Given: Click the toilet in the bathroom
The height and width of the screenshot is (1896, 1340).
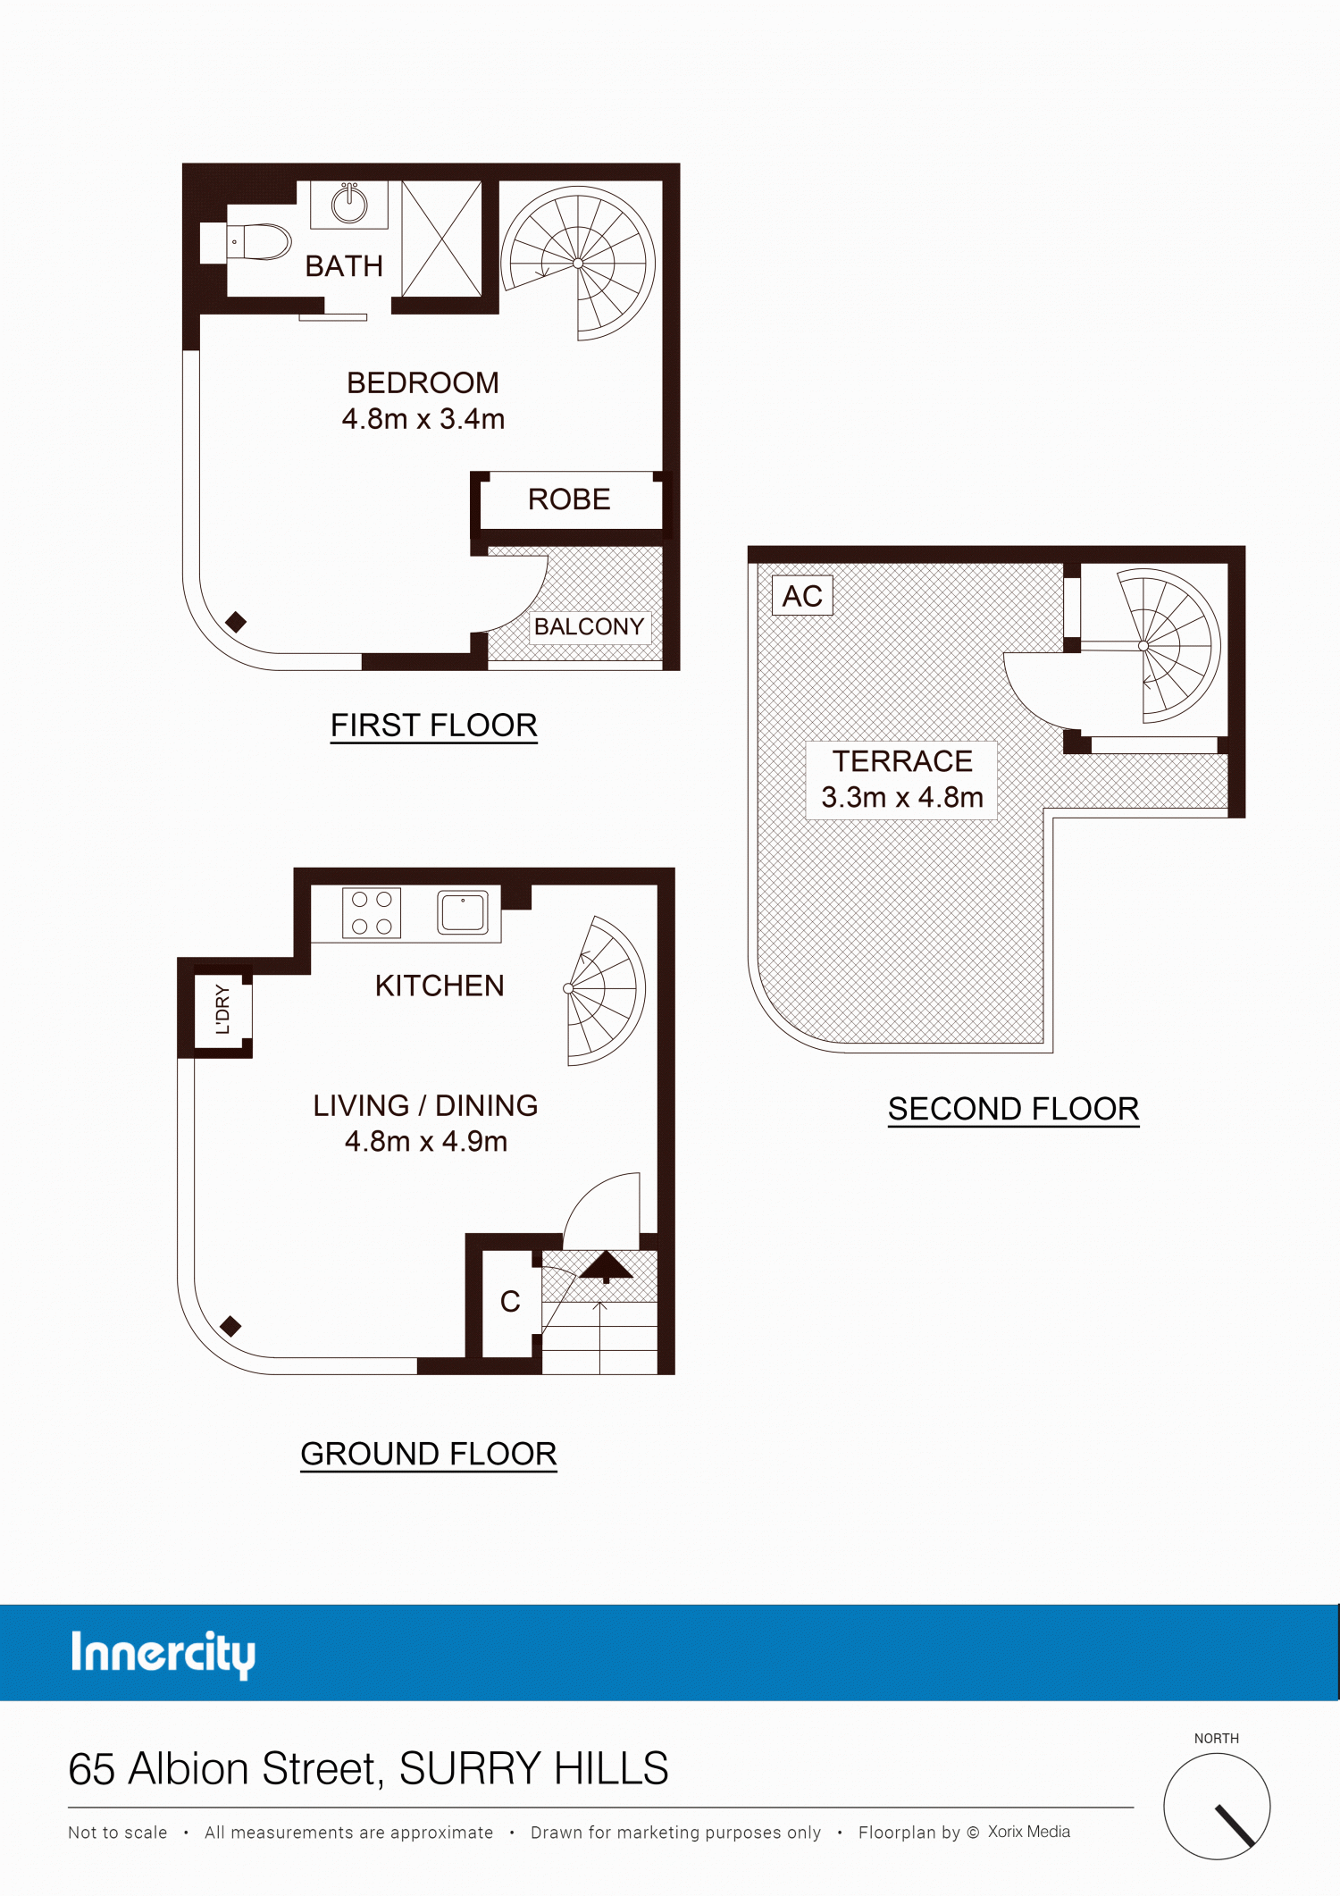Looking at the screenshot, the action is [x=259, y=241].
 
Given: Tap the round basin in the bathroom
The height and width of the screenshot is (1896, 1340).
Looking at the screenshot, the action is [x=349, y=205].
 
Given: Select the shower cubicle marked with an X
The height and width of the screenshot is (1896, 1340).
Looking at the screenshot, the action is [x=441, y=239].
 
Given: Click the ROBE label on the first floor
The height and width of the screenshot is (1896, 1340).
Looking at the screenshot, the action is [x=569, y=499].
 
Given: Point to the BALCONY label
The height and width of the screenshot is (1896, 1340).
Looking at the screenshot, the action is [x=589, y=626].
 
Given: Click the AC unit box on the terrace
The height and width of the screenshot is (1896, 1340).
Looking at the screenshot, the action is [x=802, y=596].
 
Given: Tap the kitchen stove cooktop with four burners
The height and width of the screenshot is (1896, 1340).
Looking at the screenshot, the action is [x=372, y=913].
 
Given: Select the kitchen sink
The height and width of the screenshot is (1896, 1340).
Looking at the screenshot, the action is [x=463, y=912].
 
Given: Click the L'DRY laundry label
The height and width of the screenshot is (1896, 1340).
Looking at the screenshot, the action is [x=222, y=1010].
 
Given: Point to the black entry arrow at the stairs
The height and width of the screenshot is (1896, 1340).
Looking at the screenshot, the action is [x=607, y=1266].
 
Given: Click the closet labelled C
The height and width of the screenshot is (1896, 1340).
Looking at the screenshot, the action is [x=510, y=1302].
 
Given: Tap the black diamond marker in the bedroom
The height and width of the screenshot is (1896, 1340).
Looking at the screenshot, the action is [x=236, y=622].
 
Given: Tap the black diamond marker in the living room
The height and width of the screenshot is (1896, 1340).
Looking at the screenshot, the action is [x=230, y=1326].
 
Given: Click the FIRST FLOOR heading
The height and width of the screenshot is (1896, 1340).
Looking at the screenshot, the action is [x=434, y=726].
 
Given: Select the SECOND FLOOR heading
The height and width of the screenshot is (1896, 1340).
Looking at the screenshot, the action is [x=1014, y=1109].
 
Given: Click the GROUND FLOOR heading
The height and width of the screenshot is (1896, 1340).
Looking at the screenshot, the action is [x=429, y=1454].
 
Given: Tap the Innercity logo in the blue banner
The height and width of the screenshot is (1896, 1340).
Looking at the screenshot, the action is [x=163, y=1654].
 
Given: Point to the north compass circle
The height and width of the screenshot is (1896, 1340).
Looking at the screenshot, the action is [x=1217, y=1806].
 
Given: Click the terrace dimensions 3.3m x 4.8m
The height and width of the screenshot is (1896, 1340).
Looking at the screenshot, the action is [x=902, y=797].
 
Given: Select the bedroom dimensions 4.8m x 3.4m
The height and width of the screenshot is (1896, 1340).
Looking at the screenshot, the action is [x=423, y=418].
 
